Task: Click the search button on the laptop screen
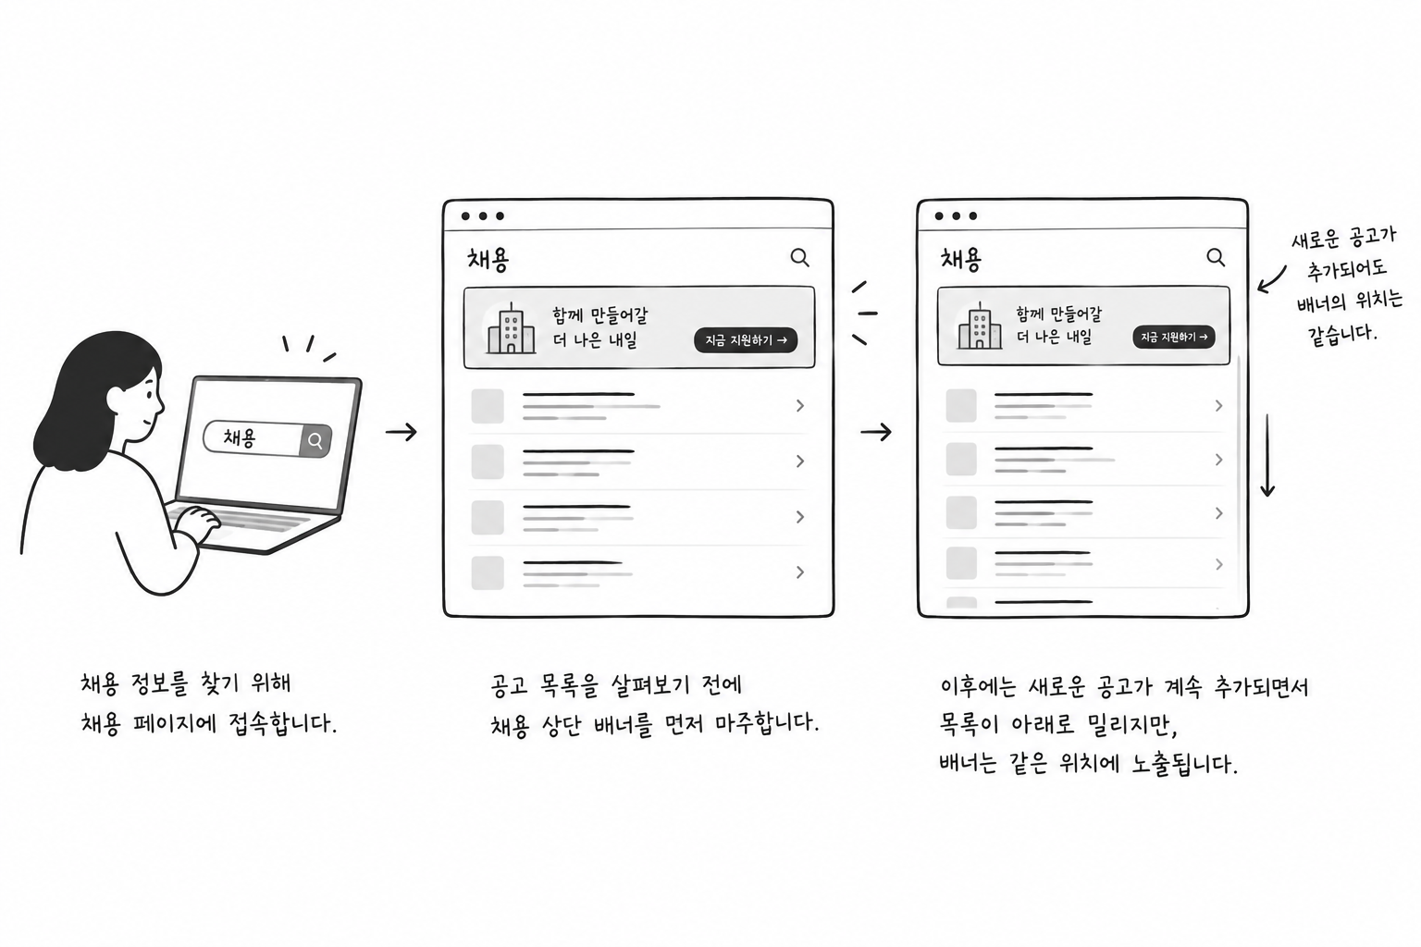315,440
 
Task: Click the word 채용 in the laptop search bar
240,437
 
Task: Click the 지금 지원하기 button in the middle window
746,340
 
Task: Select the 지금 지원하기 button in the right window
1174,337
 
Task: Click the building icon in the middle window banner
511,327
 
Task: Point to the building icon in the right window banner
980,326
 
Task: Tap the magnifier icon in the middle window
799,257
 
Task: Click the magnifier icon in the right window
1216,257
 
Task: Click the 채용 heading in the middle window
488,259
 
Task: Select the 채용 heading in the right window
960,259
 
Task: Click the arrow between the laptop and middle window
401,432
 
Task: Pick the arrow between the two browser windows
876,432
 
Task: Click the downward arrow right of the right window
1267,455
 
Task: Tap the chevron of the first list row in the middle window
800,405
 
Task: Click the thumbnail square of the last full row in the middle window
488,572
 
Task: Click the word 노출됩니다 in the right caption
1185,763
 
